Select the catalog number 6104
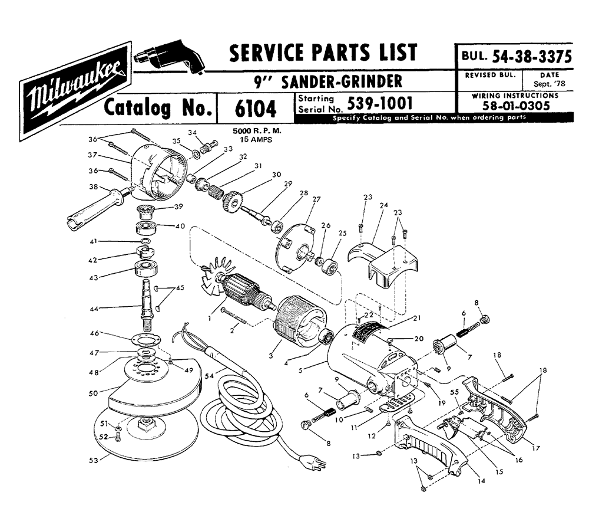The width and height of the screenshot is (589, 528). pyautogui.click(x=254, y=109)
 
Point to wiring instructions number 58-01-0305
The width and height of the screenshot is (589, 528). pyautogui.click(x=515, y=106)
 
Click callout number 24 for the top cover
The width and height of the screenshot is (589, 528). pyautogui.click(x=383, y=206)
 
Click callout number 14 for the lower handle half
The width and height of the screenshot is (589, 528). pyautogui.click(x=481, y=481)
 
